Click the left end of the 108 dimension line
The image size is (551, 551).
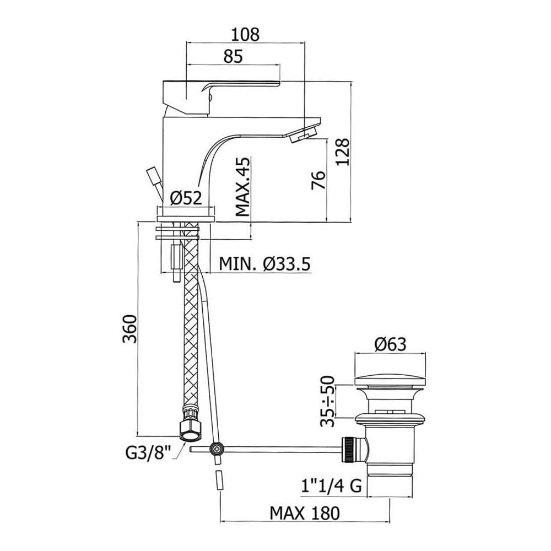186,43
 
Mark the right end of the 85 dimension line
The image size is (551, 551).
280,64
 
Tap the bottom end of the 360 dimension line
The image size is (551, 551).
137,435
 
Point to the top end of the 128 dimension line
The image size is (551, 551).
351,82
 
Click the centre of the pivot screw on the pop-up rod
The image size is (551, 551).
216,449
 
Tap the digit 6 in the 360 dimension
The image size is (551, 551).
129,329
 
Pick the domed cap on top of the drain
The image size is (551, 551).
390,381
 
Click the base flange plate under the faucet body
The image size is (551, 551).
186,219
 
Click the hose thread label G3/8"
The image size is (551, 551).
148,452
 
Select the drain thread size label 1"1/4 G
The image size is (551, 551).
331,487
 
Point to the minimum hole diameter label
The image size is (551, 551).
265,263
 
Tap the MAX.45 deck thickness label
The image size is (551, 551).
243,187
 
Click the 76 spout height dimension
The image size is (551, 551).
318,180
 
